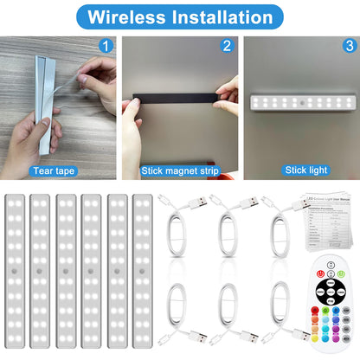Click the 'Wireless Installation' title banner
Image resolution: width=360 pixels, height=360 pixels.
point(180,16)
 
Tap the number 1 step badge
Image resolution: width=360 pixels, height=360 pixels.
point(106,47)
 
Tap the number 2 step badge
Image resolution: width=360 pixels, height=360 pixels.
point(227,47)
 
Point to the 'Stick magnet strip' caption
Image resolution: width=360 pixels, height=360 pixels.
point(180,171)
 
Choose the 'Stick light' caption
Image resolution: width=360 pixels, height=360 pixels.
point(300,171)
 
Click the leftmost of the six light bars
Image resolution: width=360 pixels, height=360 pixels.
point(16,271)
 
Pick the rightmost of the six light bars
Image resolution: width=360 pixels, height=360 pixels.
point(142,271)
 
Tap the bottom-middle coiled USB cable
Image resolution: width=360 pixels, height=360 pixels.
point(230,316)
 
